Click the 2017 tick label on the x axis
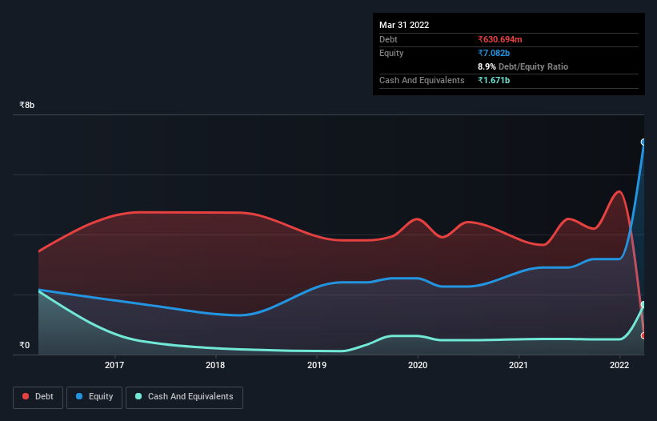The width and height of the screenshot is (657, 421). pyautogui.click(x=115, y=366)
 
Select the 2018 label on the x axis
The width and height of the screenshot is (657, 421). pyautogui.click(x=216, y=366)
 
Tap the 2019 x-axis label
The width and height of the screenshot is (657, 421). pyautogui.click(x=317, y=366)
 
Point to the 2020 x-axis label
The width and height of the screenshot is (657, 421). pyautogui.click(x=418, y=366)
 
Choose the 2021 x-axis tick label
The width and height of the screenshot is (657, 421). pyautogui.click(x=519, y=366)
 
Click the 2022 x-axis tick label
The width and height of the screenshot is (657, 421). pyautogui.click(x=619, y=366)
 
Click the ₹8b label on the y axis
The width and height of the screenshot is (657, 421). pyautogui.click(x=27, y=105)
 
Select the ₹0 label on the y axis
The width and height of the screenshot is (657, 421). pyautogui.click(x=24, y=345)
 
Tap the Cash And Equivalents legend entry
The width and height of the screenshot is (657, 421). pyautogui.click(x=183, y=396)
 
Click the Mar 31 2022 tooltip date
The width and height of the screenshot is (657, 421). pyautogui.click(x=404, y=25)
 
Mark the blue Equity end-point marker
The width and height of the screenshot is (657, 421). pyautogui.click(x=643, y=142)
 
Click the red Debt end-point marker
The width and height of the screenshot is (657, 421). pyautogui.click(x=643, y=335)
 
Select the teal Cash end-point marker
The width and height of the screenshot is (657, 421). pyautogui.click(x=643, y=304)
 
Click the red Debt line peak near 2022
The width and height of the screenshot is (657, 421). pyautogui.click(x=618, y=191)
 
